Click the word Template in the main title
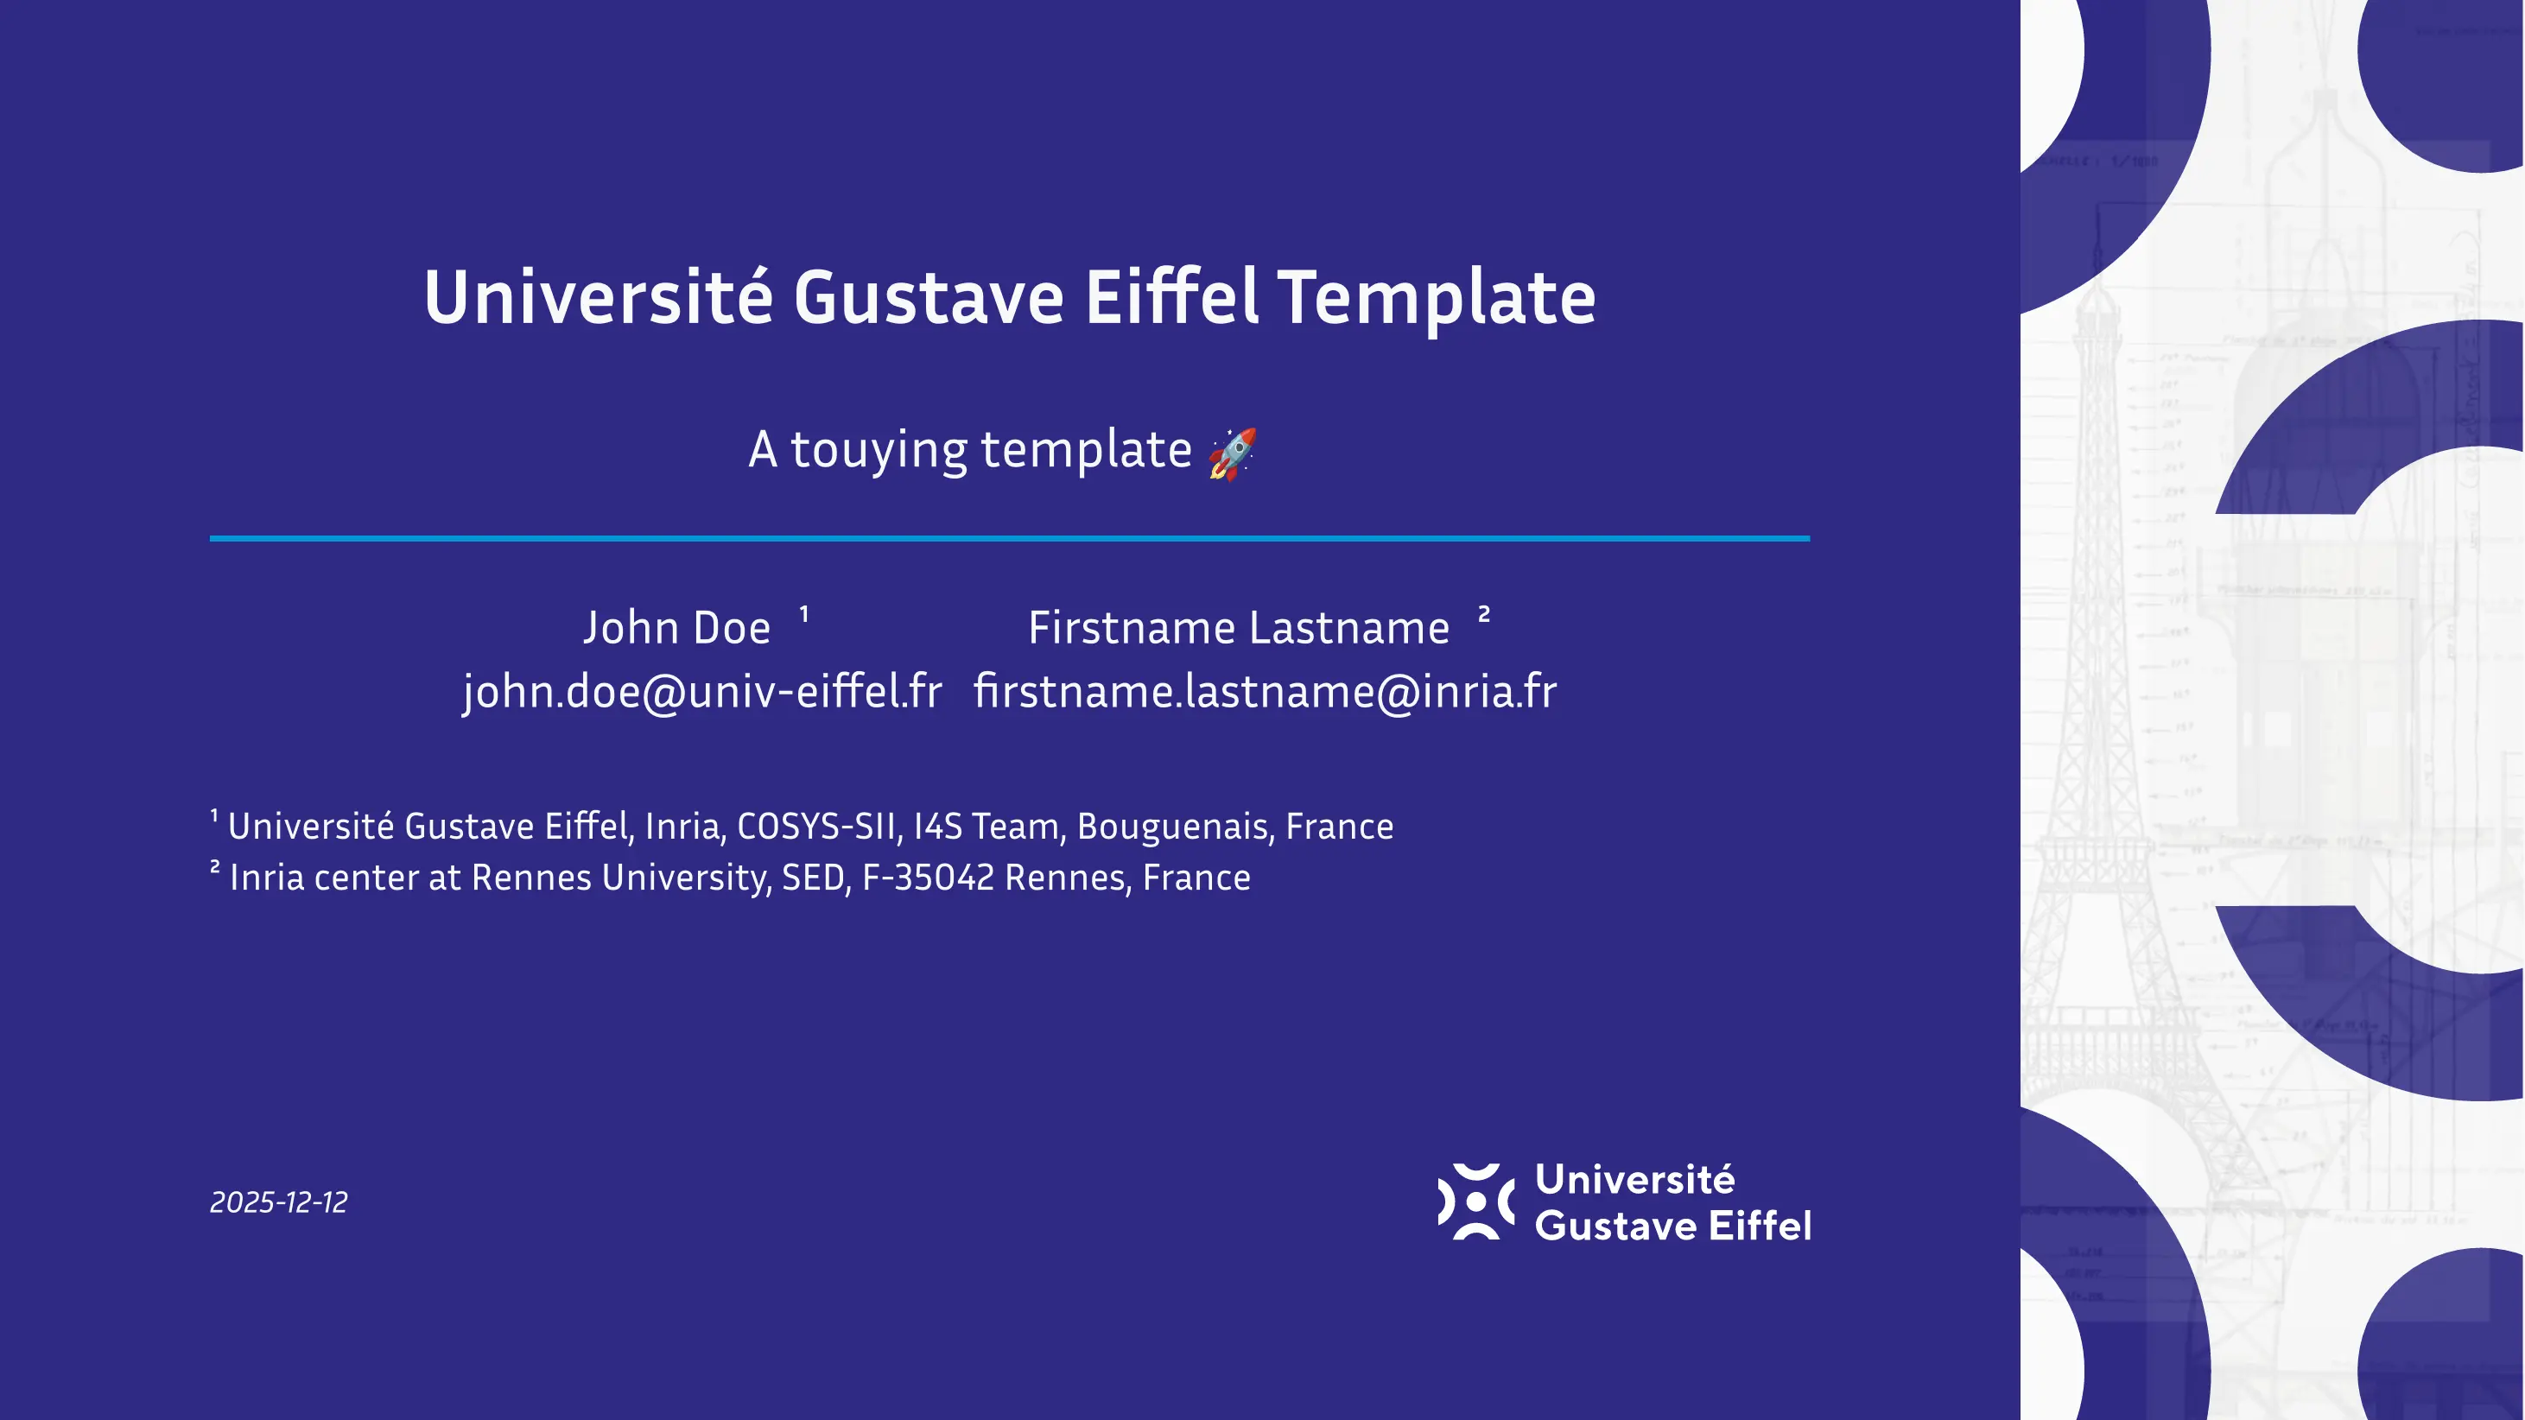[x=1436, y=298]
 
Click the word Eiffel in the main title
[x=1171, y=298]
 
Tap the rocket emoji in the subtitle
[x=1232, y=453]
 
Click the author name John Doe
[x=676, y=628]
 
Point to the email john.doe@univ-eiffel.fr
[x=701, y=692]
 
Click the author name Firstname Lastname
[x=1238, y=628]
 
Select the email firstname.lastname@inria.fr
[x=1265, y=692]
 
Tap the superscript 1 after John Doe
[x=803, y=614]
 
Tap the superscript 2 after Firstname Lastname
[x=1484, y=614]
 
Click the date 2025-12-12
[x=278, y=1202]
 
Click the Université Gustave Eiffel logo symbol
[x=1475, y=1201]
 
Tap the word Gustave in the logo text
[x=1615, y=1226]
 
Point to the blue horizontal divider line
[x=1010, y=538]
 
